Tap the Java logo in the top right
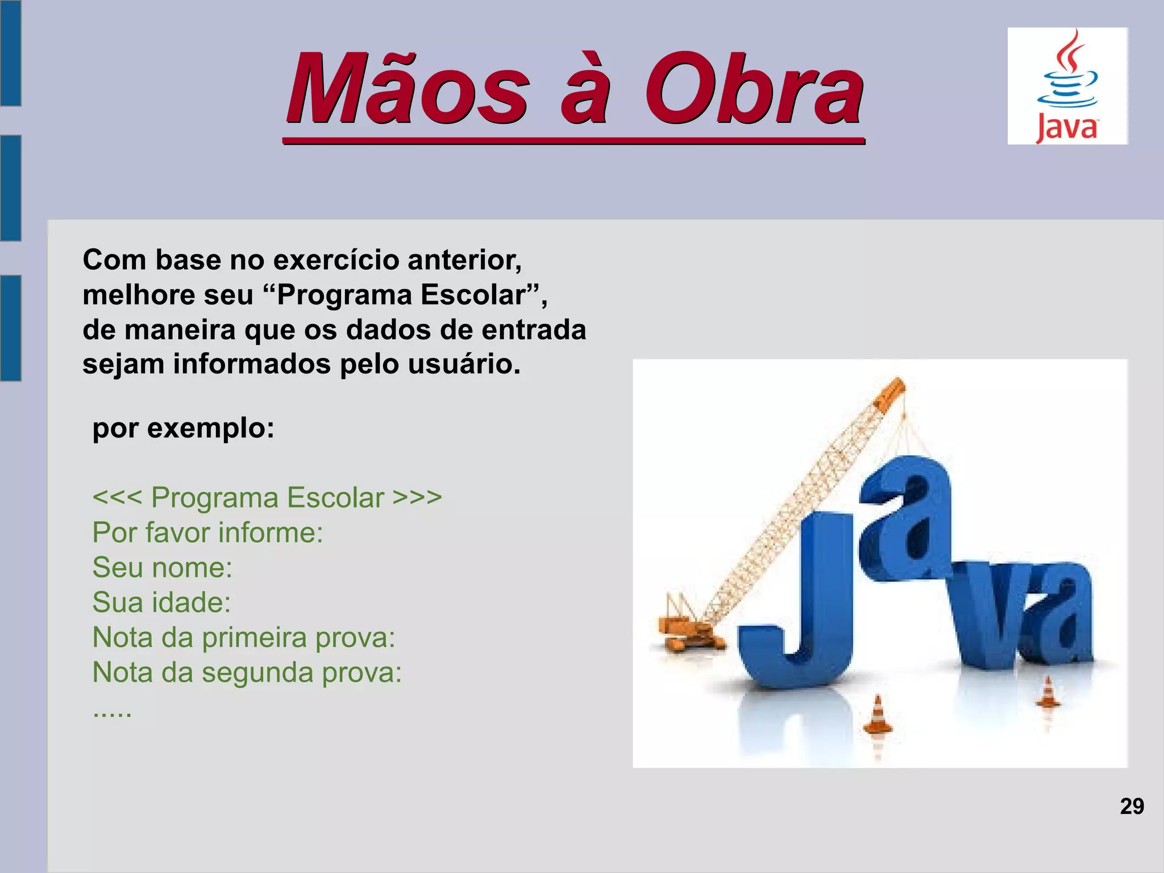click(x=1067, y=86)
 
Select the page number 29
click(x=1132, y=807)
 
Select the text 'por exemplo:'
click(x=183, y=428)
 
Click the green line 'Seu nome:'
click(x=163, y=567)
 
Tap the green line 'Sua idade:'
click(x=161, y=602)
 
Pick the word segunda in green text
click(x=257, y=672)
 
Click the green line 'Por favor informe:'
click(x=207, y=533)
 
